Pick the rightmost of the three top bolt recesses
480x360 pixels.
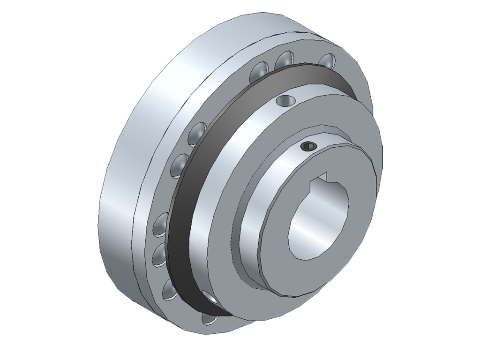coord(326,61)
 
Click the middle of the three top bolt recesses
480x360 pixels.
coord(284,60)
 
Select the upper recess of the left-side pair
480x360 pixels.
coord(198,134)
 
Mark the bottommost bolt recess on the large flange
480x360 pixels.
coord(210,319)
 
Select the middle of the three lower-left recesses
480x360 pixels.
coord(160,255)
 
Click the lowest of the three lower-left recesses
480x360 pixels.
coord(169,289)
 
